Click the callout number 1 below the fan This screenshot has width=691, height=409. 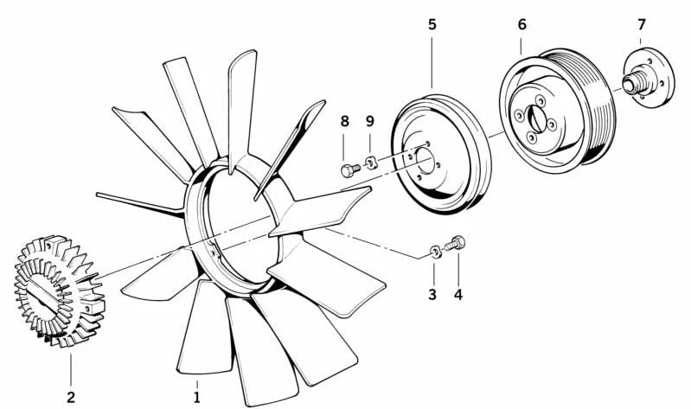[x=197, y=397]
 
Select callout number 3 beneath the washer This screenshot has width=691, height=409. [x=432, y=294]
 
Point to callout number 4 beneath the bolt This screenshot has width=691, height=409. [x=458, y=294]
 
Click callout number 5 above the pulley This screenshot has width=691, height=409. [x=432, y=23]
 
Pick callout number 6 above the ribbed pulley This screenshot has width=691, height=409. [x=522, y=23]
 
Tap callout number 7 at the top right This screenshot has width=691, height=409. [x=641, y=23]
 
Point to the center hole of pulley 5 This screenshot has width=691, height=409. [x=425, y=159]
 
